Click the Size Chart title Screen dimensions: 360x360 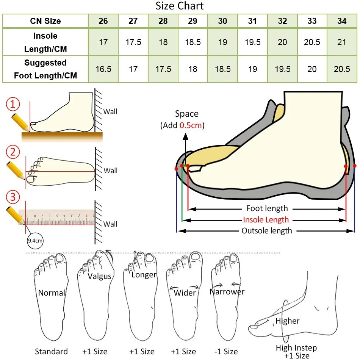pyautogui.click(x=180, y=6)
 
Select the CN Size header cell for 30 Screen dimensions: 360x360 pyautogui.click(x=222, y=21)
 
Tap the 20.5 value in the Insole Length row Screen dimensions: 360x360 pyautogui.click(x=312, y=42)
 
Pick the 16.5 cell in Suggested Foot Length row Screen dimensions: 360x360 pyautogui.click(x=103, y=69)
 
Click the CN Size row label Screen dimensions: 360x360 pyautogui.click(x=45, y=21)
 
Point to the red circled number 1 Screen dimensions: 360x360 pyautogui.click(x=13, y=105)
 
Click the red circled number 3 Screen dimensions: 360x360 pyautogui.click(x=13, y=197)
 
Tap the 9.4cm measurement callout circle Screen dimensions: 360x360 pyautogui.click(x=35, y=240)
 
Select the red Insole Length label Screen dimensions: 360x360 pyautogui.click(x=266, y=220)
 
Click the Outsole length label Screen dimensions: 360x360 pyautogui.click(x=267, y=231)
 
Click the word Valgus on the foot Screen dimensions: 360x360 pyautogui.click(x=100, y=276)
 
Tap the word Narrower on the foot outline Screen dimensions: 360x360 pyautogui.click(x=227, y=292)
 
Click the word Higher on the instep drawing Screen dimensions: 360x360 pyautogui.click(x=288, y=321)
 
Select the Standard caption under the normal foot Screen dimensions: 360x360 pyautogui.click(x=51, y=352)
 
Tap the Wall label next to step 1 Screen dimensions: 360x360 pyautogui.click(x=111, y=112)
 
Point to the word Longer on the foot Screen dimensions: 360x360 pyautogui.click(x=144, y=275)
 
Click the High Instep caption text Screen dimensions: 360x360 pyautogui.click(x=296, y=347)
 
